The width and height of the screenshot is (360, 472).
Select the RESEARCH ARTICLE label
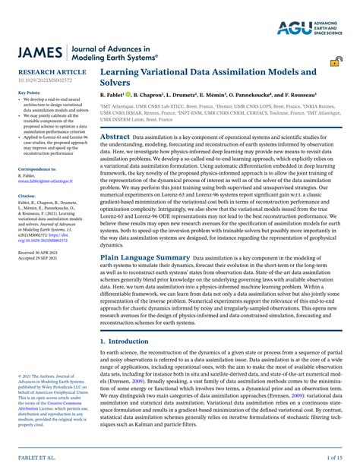point(52,73)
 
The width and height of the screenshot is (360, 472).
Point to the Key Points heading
point(29,93)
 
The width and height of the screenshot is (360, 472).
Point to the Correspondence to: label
point(36,169)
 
